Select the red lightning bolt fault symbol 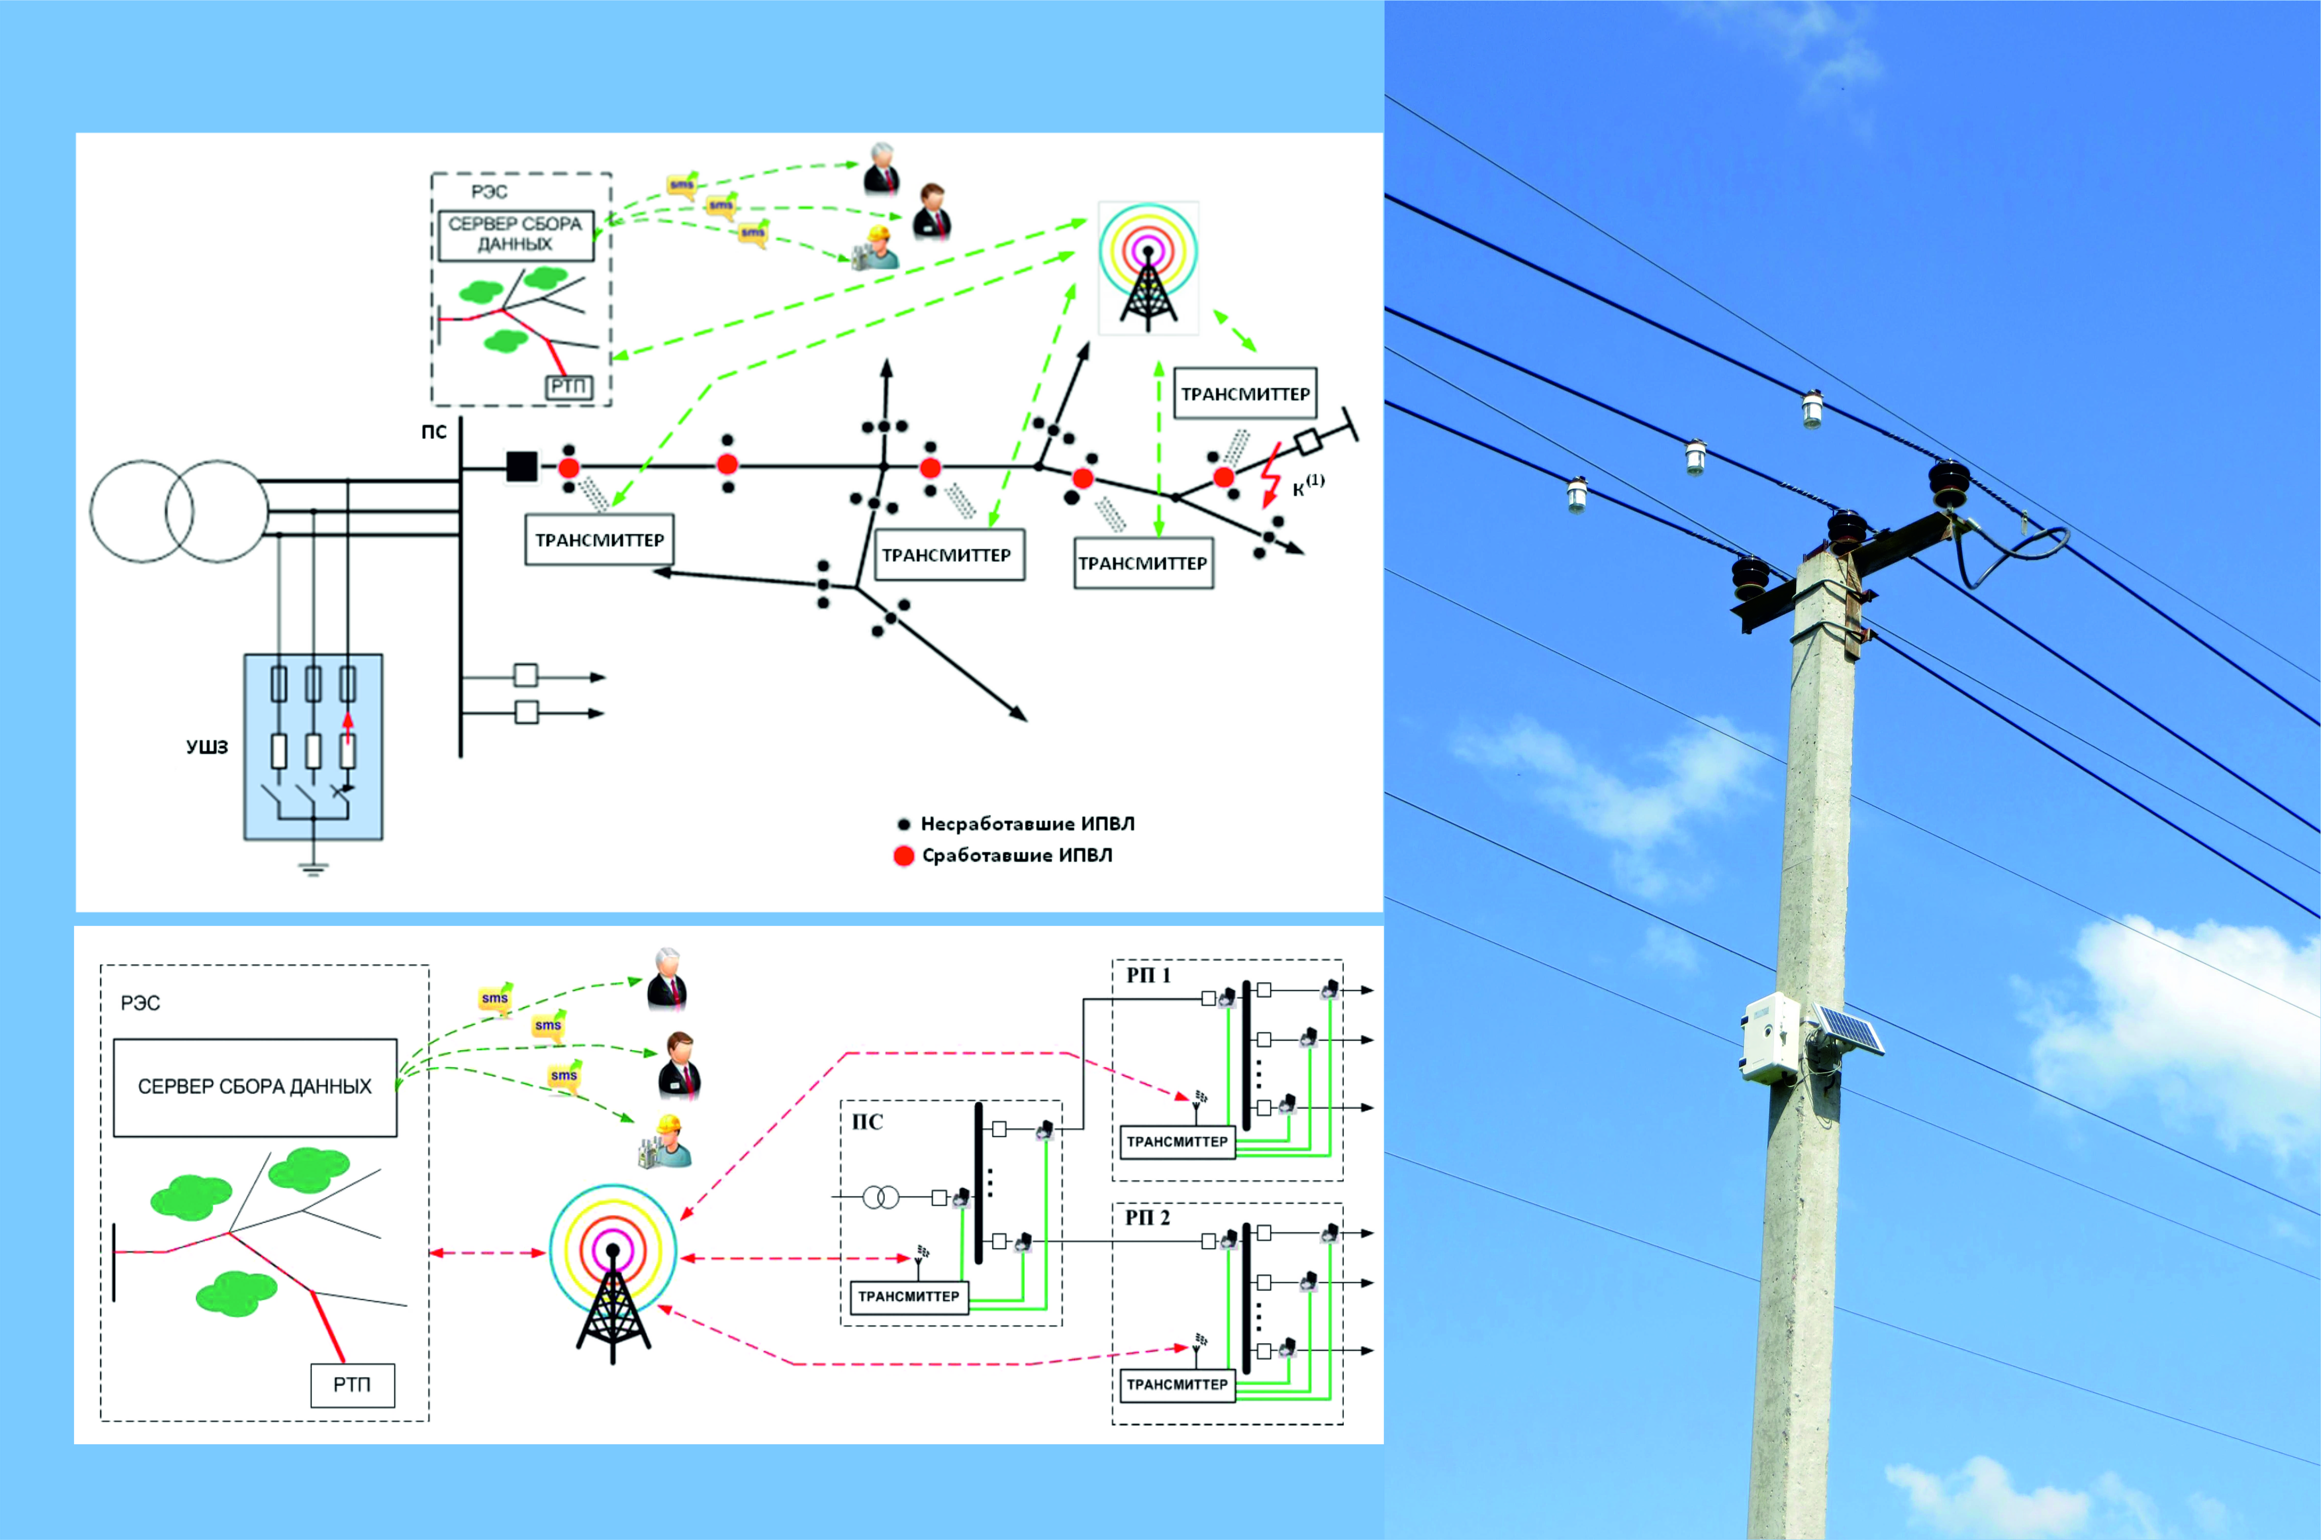(x=1271, y=475)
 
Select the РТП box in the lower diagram (x=353, y=1385)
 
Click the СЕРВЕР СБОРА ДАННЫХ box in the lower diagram (x=255, y=1087)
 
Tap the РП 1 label (x=1148, y=975)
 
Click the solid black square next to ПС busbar (x=522, y=467)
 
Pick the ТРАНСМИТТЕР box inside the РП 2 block (x=1177, y=1385)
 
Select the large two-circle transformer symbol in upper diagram (x=179, y=512)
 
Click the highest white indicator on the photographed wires (x=1811, y=409)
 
